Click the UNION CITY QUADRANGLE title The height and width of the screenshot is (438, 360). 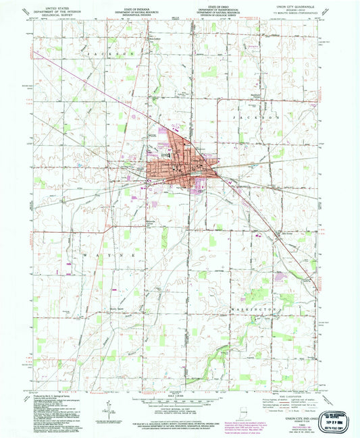[296, 9]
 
